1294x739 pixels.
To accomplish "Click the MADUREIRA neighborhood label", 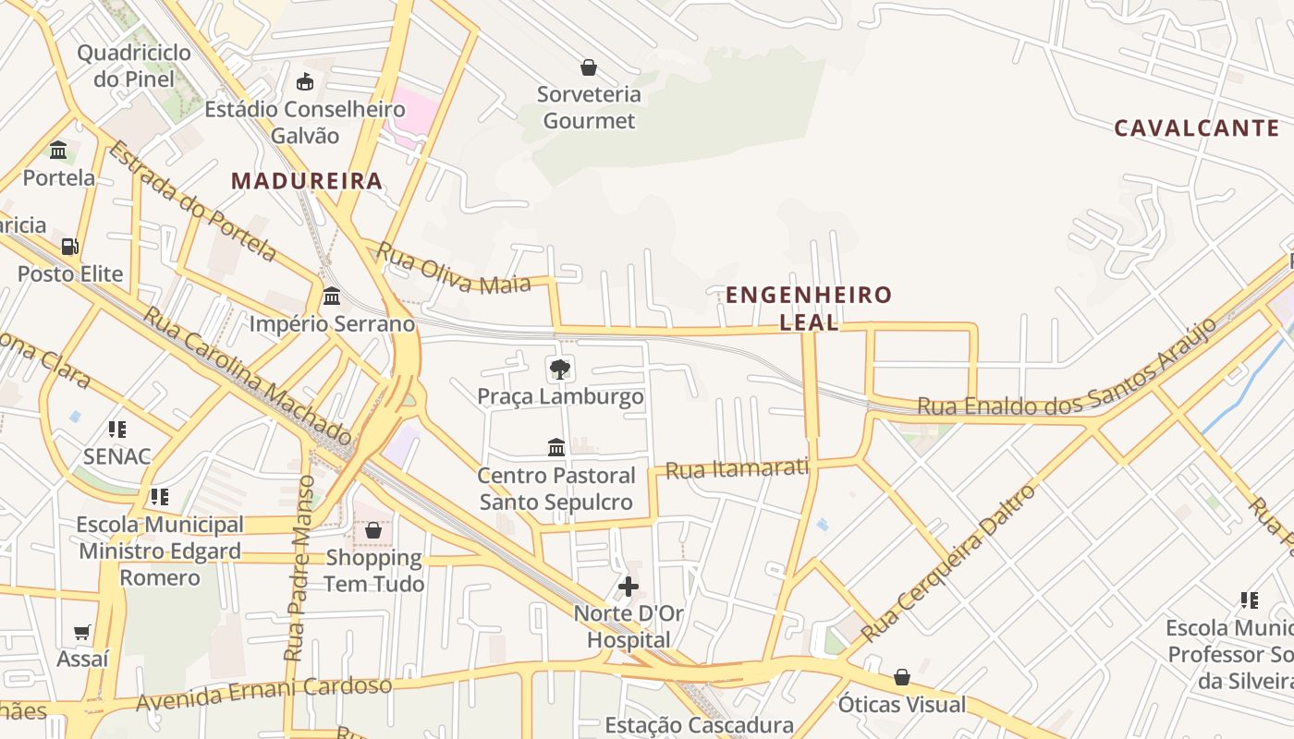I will (307, 181).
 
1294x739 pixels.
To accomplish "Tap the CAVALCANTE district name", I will (1196, 128).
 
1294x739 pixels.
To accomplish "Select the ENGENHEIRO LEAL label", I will (809, 308).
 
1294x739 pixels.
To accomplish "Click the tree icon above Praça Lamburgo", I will (559, 369).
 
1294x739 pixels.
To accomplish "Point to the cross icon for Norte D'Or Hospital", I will (629, 587).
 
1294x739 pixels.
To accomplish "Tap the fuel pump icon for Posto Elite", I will (69, 247).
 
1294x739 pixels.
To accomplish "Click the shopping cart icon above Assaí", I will (82, 633).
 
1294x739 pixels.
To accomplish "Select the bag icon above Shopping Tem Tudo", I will (373, 530).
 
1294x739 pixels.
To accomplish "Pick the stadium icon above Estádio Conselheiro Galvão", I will (305, 82).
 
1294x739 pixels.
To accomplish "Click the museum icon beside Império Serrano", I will (332, 297).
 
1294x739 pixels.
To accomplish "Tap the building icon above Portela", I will (58, 150).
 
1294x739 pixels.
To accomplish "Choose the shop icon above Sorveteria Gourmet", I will (589, 67).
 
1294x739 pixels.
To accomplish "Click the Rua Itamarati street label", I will (737, 468).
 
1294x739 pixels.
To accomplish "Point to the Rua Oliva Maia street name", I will (454, 269).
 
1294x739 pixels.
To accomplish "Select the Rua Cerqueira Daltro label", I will (949, 564).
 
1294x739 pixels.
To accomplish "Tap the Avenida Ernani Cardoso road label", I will (264, 694).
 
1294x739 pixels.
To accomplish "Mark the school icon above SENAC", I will (116, 430).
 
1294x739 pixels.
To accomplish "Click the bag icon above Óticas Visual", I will (902, 678).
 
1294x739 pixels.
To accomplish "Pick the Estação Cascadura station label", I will (699, 725).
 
